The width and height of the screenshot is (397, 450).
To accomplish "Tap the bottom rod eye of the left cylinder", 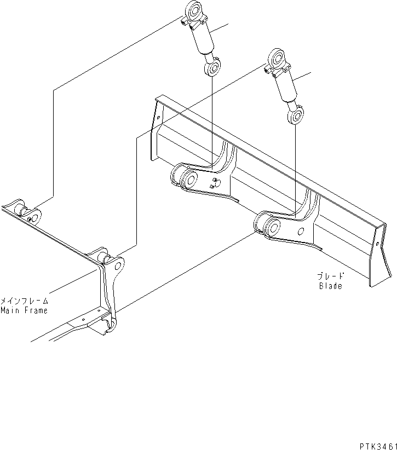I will (212, 68).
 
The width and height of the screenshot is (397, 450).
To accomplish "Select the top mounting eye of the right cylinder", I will (274, 59).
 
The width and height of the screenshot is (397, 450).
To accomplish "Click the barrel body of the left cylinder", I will (202, 39).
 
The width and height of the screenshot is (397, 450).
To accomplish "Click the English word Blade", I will (330, 285).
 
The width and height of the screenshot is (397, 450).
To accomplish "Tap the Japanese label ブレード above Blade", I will (330, 276).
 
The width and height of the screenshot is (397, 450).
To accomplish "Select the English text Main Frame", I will (24, 310).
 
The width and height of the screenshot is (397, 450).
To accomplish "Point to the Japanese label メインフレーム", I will (24, 301).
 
